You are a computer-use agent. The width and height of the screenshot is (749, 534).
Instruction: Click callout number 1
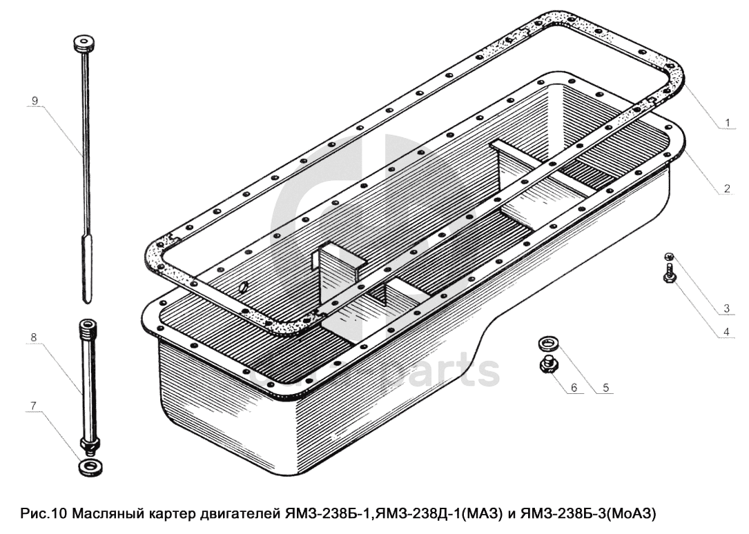tap(728, 123)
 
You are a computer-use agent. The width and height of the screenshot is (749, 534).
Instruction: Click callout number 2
tap(727, 188)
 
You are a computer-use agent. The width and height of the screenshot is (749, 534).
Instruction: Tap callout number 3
tap(726, 308)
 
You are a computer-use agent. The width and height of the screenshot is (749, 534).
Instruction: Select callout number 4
tap(726, 332)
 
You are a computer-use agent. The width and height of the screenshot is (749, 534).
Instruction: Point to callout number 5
tap(605, 387)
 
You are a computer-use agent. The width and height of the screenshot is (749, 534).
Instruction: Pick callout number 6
tap(574, 387)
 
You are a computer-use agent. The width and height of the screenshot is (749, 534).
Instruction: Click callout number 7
tap(33, 406)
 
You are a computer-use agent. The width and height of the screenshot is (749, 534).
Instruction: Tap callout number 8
tap(33, 337)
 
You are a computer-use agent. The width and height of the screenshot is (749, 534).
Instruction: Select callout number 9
tap(35, 100)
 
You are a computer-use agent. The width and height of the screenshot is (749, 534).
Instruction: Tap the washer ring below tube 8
tap(89, 467)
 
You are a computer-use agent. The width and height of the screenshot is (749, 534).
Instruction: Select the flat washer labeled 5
tap(548, 343)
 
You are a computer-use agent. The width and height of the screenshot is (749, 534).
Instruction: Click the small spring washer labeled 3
tap(669, 256)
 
